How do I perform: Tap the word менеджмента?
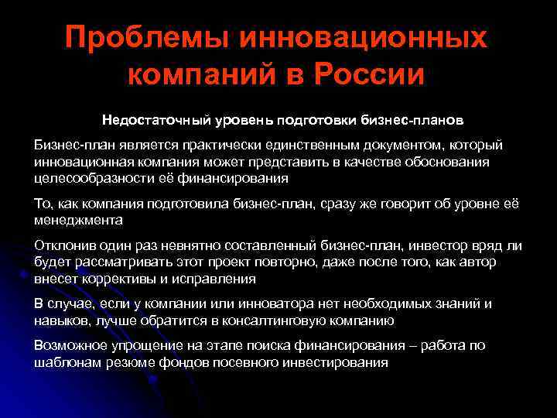tap(78, 220)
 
